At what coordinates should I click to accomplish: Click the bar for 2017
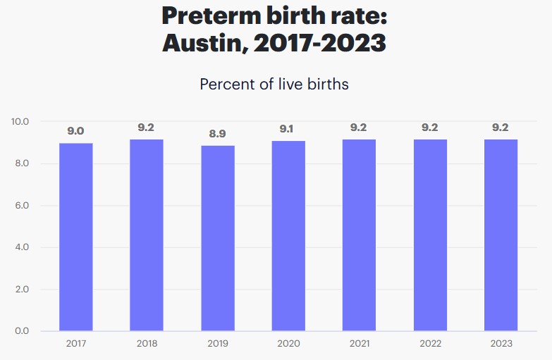[75, 237]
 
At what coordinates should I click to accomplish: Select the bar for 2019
[217, 238]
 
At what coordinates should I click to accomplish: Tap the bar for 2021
[359, 235]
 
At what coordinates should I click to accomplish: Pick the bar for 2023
[501, 235]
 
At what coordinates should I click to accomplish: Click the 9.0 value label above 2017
[75, 131]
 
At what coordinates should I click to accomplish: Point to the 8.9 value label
[217, 133]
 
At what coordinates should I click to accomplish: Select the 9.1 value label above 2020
[288, 129]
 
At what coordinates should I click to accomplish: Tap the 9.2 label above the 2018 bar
[146, 128]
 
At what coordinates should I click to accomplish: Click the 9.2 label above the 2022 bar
[430, 128]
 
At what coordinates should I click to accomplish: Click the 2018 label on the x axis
[146, 344]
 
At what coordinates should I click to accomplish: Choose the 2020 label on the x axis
[288, 344]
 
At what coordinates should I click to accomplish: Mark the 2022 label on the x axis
[430, 344]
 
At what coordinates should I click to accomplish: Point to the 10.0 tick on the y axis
[20, 122]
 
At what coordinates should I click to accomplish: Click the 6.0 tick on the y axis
[22, 206]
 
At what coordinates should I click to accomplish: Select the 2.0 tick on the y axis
[22, 290]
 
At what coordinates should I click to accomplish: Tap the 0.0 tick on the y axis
[22, 331]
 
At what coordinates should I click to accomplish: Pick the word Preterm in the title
[215, 15]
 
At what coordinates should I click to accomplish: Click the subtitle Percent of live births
[274, 84]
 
